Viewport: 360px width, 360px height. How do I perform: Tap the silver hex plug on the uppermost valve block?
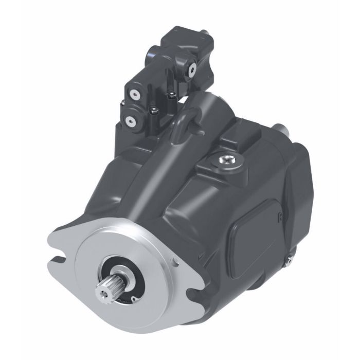193,69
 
